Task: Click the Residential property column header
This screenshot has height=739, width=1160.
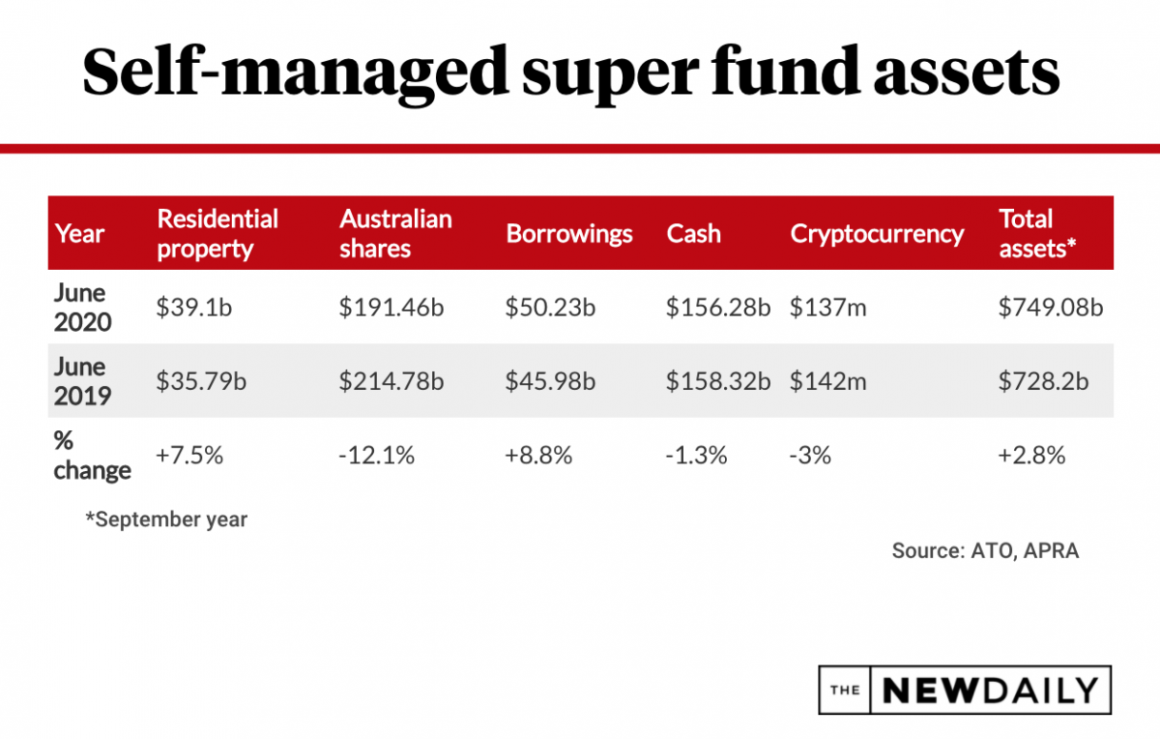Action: [x=217, y=233]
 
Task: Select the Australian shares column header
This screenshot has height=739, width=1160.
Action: [x=395, y=233]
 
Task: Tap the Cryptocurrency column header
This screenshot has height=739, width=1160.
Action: [x=877, y=233]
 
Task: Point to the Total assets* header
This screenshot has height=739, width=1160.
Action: [x=1037, y=233]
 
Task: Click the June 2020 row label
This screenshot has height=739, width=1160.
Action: [x=82, y=307]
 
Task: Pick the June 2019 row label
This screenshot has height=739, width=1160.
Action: [x=82, y=381]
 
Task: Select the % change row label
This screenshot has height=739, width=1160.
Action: [x=92, y=455]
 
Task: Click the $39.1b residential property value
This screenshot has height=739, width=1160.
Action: [x=193, y=308]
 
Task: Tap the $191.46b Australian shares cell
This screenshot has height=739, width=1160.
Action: [x=391, y=308]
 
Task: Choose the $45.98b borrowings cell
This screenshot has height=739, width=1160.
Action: [x=550, y=381]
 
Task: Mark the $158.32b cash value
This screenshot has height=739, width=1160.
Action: [x=717, y=381]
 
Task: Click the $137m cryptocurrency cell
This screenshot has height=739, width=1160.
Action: [x=827, y=308]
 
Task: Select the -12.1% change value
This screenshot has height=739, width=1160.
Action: [x=377, y=455]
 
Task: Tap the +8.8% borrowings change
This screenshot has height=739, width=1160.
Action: [x=538, y=455]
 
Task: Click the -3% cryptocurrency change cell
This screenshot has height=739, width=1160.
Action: [x=810, y=455]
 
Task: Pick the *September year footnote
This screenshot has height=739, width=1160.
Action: [x=166, y=519]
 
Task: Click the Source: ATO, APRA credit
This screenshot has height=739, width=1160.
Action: [x=985, y=550]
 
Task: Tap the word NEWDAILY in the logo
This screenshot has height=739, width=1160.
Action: [x=990, y=690]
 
